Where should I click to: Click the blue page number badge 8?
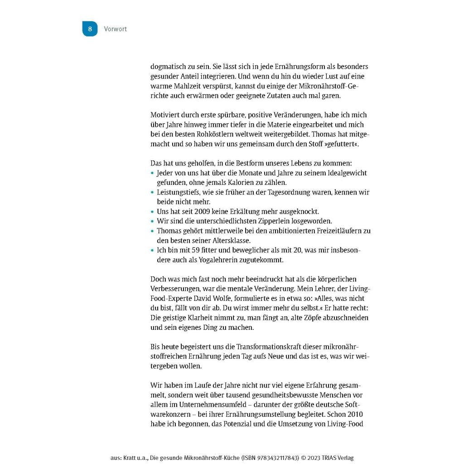point(90,29)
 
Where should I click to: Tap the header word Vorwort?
point(115,29)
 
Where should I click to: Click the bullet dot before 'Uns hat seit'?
point(152,212)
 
